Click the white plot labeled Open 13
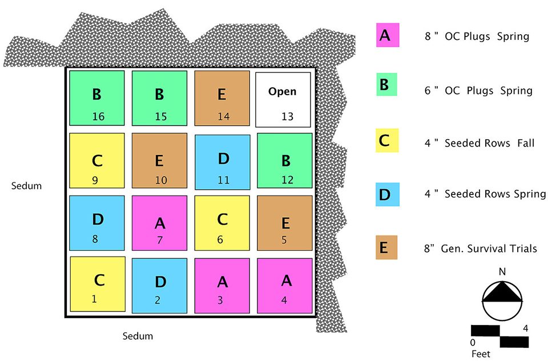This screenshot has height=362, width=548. [283, 100]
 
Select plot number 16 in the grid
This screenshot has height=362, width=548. [97, 98]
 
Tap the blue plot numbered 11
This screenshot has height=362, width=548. [223, 162]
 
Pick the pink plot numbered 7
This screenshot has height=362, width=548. [159, 223]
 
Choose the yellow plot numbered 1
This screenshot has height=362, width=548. [98, 284]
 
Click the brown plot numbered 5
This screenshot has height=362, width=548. [285, 223]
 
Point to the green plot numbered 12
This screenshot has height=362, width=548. [285, 161]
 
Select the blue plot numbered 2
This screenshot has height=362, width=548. [159, 286]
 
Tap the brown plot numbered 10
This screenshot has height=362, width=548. [159, 161]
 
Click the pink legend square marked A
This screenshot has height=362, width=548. [388, 35]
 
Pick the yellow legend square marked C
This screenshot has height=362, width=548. [387, 141]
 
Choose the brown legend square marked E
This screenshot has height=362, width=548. [386, 247]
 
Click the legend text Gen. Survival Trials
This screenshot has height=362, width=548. [489, 249]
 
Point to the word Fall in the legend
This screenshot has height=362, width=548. [526, 143]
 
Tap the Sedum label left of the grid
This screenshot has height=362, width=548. [26, 186]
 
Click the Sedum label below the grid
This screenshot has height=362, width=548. [138, 336]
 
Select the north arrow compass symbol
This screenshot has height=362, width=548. [502, 300]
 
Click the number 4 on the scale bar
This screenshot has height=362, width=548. [525, 328]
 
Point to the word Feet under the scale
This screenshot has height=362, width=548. [481, 354]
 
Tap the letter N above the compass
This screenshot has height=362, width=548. [502, 271]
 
